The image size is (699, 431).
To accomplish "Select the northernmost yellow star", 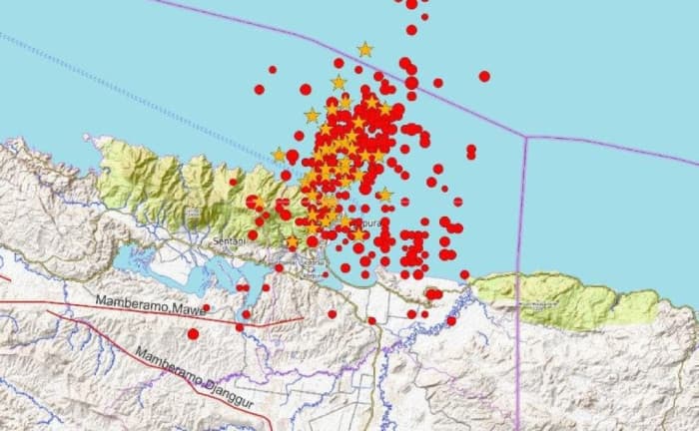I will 365,49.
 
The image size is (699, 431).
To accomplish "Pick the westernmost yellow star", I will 279,155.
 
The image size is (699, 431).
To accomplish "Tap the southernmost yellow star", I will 292,242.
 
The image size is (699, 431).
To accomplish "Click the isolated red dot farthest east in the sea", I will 484,76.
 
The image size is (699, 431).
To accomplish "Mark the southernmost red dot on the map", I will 193,333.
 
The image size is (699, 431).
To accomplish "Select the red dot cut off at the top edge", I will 411,4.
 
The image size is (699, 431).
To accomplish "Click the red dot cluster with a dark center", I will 433,293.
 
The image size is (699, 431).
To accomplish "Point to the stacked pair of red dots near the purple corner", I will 470,151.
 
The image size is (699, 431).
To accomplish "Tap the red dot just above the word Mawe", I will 207,308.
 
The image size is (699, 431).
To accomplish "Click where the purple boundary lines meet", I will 525,137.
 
